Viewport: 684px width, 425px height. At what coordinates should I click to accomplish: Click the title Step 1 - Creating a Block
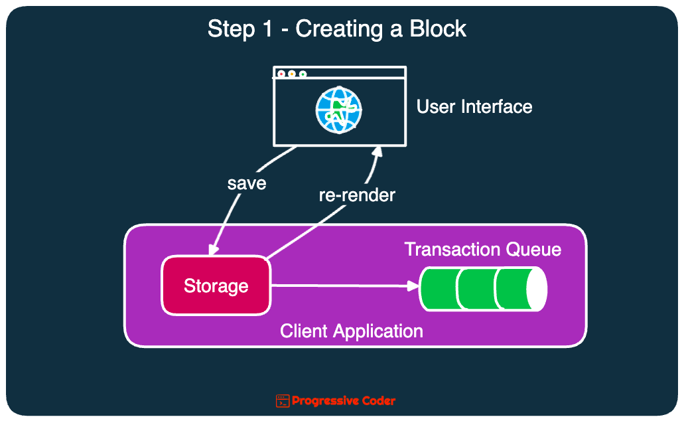337,29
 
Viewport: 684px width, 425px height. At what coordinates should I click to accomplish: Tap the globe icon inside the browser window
338,110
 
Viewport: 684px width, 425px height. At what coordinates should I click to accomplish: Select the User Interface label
474,107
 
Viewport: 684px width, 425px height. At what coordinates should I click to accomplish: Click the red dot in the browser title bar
281,74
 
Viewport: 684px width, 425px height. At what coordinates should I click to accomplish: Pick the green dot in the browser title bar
303,74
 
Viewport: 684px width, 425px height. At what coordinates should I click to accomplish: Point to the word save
246,183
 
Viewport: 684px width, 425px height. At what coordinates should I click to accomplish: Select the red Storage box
216,286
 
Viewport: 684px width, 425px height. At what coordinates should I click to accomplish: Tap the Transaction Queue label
482,250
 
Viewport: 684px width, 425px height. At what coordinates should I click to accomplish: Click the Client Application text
352,331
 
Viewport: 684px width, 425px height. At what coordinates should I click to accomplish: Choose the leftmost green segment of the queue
439,289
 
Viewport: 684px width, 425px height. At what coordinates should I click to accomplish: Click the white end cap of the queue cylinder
536,290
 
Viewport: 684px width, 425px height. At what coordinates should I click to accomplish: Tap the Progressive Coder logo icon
283,400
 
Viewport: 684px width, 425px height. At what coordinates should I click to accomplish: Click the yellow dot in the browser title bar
292,74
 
